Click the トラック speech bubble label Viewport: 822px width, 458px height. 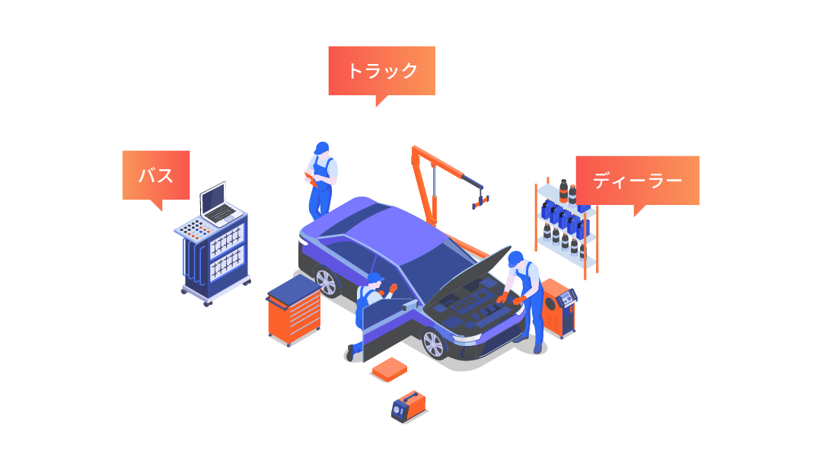[x=381, y=71]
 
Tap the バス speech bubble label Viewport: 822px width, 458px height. [x=156, y=175]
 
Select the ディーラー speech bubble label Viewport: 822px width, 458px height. [x=637, y=181]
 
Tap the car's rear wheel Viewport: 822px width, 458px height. [x=326, y=282]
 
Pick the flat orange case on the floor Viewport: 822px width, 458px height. [x=390, y=370]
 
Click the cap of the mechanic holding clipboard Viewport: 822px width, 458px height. [x=322, y=146]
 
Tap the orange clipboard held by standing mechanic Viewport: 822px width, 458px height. [x=310, y=180]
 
